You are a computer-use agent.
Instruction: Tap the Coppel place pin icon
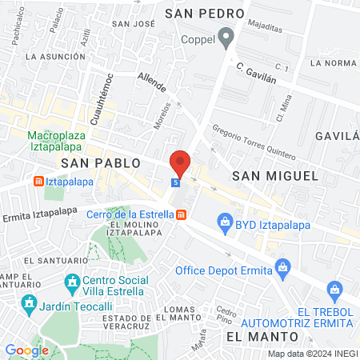point(227,35)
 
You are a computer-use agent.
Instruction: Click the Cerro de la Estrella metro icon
point(182,214)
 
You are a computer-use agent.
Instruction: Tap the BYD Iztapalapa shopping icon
point(226,221)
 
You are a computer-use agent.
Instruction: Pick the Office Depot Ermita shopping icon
point(281,266)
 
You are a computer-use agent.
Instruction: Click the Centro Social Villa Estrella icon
point(72,282)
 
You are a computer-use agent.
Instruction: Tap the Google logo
point(27,350)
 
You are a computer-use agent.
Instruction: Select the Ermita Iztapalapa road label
point(39,212)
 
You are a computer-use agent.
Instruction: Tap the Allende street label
point(151,82)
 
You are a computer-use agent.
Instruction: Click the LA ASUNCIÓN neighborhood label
point(54,57)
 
